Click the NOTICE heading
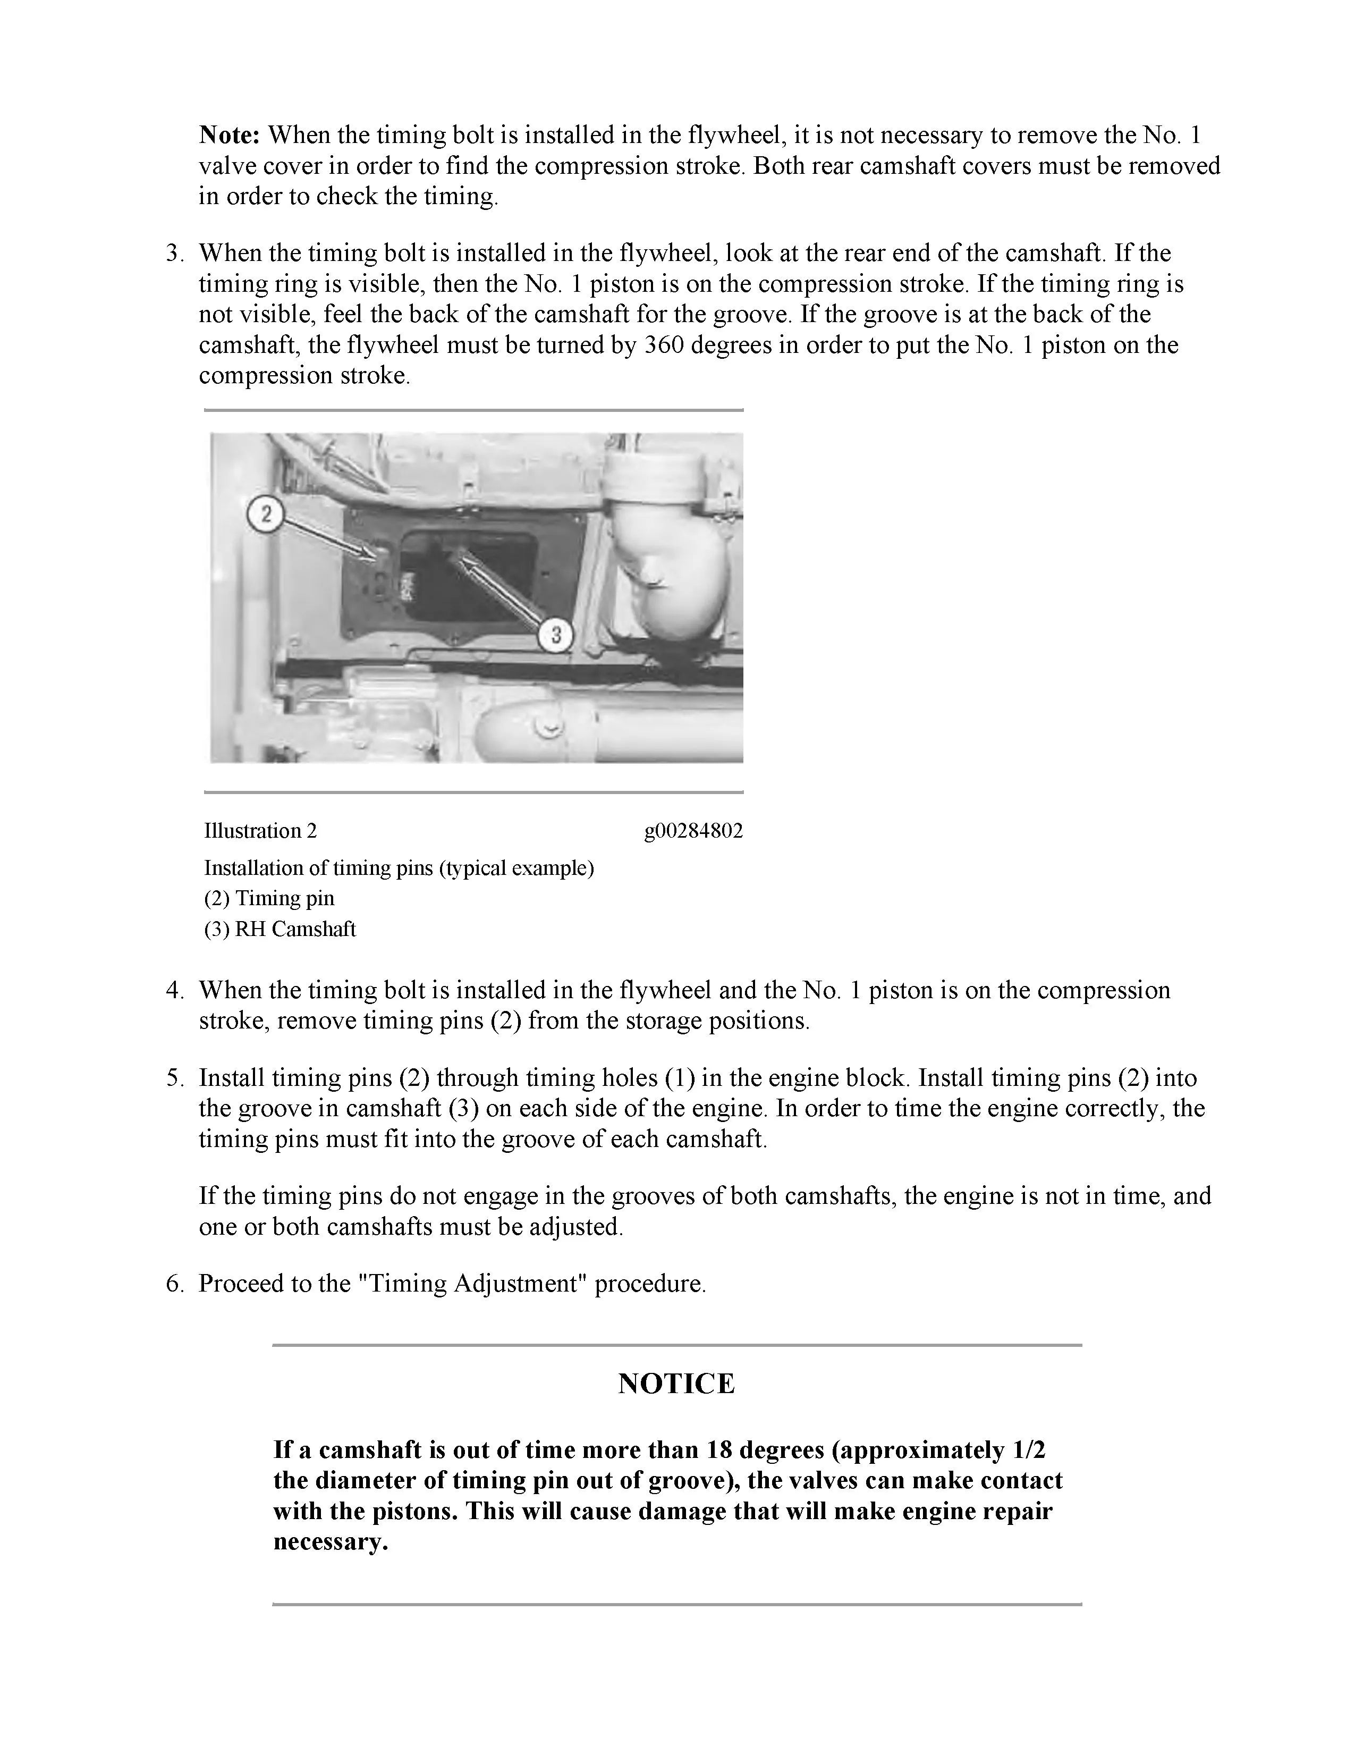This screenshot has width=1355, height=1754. [676, 1383]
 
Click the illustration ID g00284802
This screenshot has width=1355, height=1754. [693, 830]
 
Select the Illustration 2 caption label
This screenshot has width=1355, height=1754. [260, 830]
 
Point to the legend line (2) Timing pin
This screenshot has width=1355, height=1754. [269, 898]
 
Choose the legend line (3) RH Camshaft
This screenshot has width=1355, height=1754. [280, 929]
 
